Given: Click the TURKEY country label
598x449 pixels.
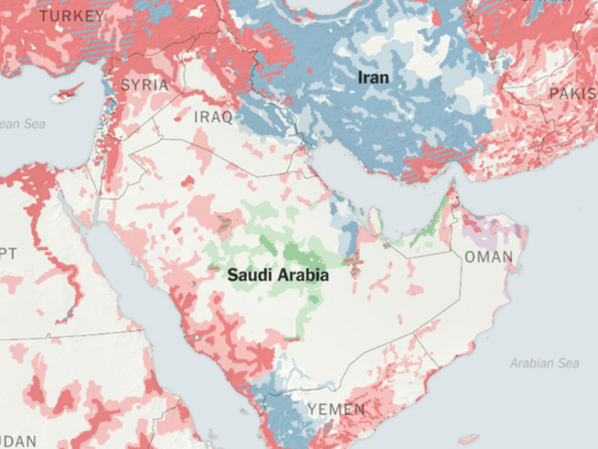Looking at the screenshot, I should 72,16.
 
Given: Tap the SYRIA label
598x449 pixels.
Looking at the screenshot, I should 144,85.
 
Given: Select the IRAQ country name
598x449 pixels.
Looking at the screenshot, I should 213,117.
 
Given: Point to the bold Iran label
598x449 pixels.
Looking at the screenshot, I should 374,77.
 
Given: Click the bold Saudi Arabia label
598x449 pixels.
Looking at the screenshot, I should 278,275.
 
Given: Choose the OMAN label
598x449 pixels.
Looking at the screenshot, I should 489,257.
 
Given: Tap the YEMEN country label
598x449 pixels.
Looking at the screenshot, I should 336,409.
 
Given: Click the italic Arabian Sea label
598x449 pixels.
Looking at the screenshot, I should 544,364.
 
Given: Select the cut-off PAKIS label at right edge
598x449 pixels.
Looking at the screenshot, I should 573,94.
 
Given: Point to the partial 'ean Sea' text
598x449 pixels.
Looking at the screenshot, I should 20,123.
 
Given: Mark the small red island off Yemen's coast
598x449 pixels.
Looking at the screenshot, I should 469,439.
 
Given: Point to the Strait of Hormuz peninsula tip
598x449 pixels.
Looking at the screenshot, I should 451,187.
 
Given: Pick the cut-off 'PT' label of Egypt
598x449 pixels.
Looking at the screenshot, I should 7,254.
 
